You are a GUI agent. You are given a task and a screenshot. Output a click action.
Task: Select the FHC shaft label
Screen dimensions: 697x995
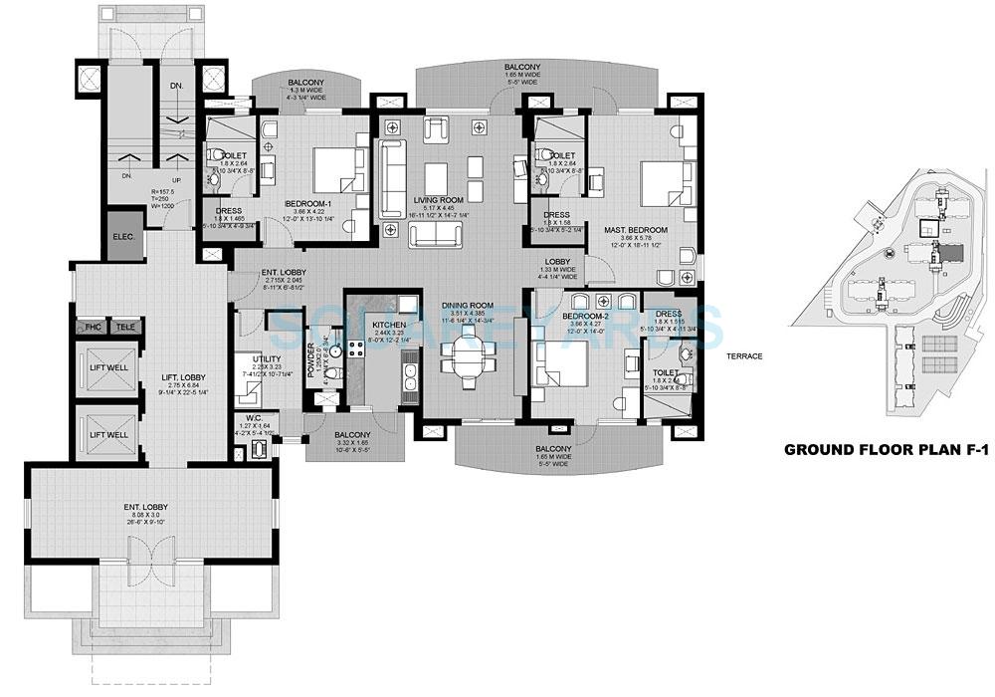[94, 327]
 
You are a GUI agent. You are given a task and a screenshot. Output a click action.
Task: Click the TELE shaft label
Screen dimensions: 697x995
[124, 327]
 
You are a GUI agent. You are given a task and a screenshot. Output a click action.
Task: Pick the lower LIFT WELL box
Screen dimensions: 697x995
[108, 434]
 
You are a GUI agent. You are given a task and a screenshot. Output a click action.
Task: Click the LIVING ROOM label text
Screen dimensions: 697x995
[435, 199]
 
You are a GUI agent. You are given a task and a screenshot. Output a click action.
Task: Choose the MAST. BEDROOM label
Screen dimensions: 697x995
[635, 230]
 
